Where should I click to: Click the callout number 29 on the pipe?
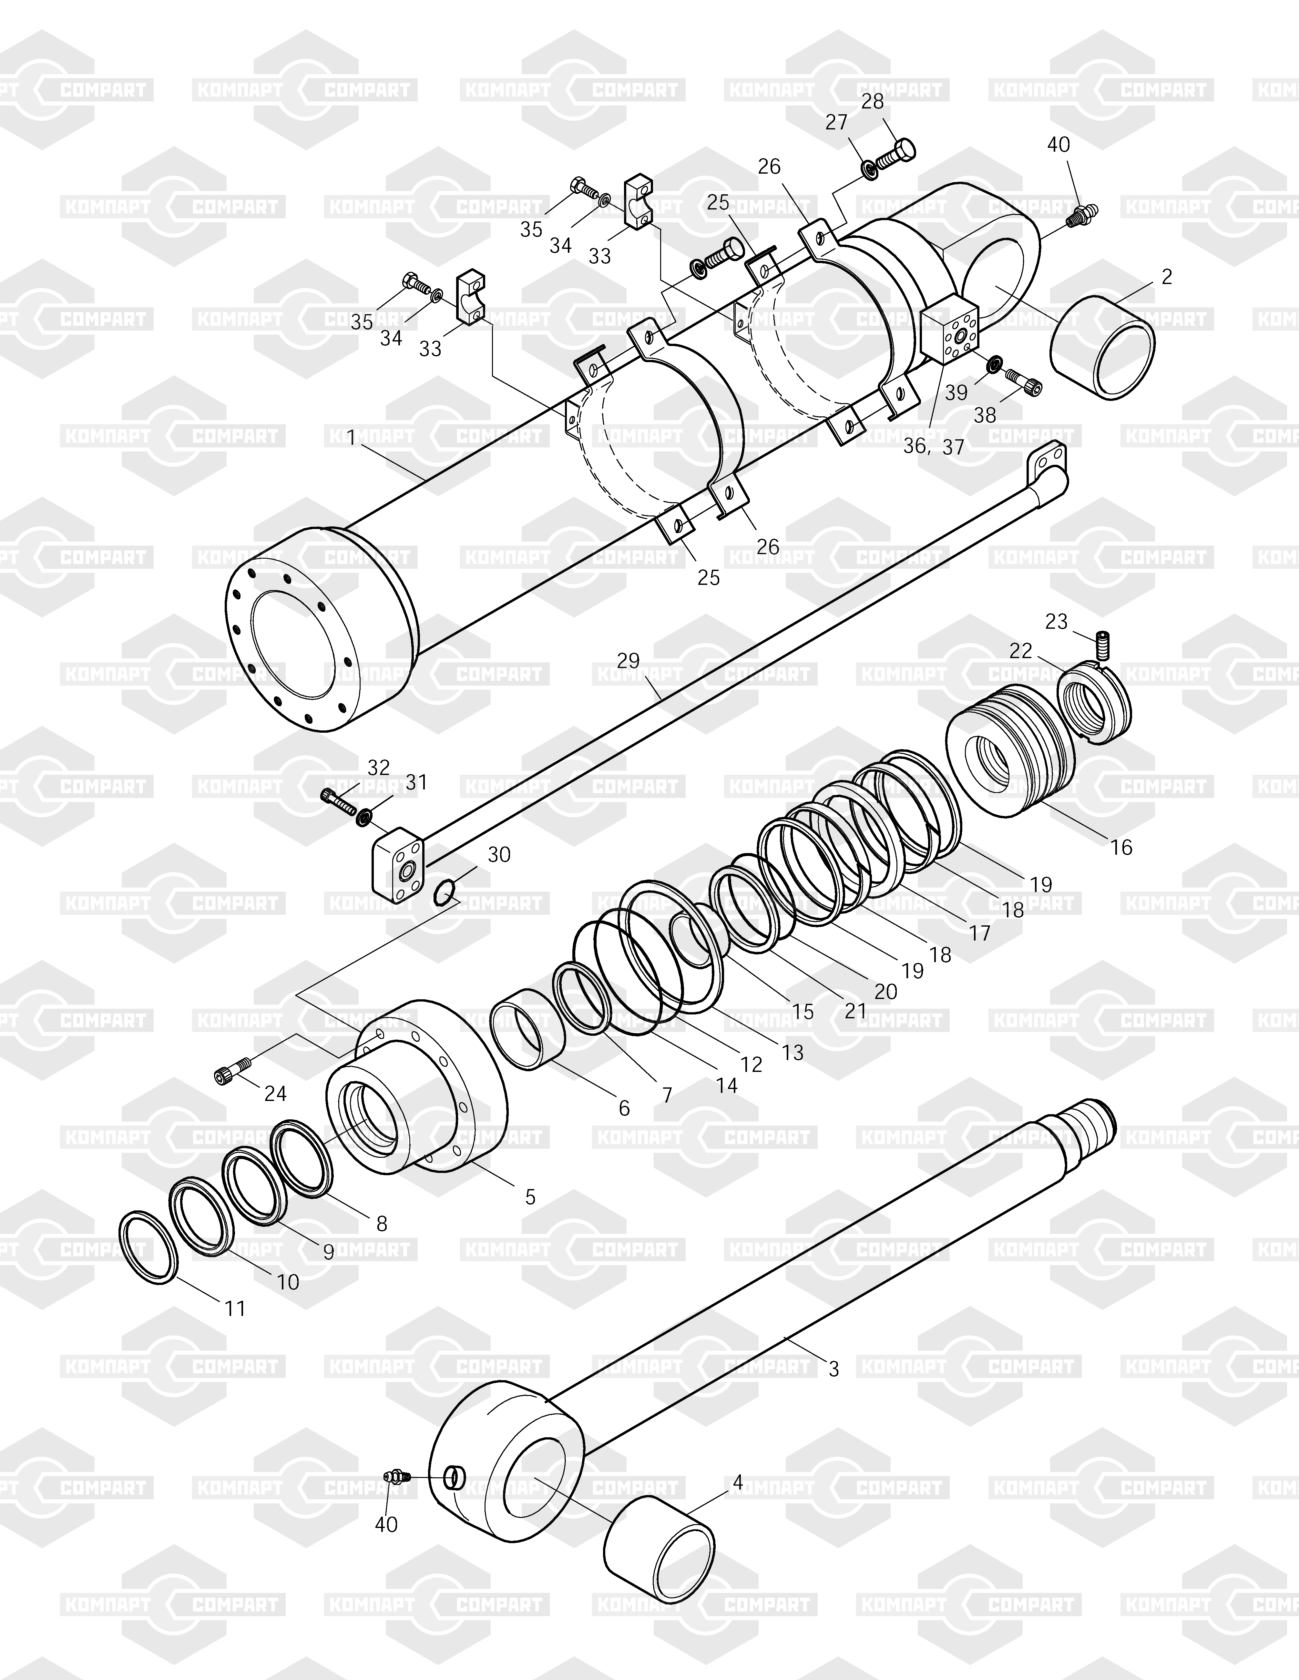pos(628,660)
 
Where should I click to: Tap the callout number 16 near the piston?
pos(1121,847)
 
